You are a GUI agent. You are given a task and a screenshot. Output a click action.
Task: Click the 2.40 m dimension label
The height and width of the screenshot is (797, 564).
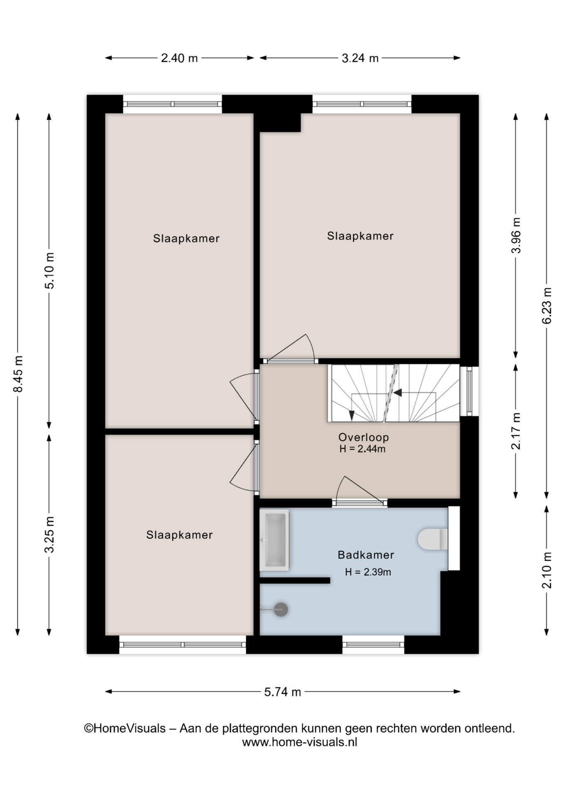click(x=179, y=58)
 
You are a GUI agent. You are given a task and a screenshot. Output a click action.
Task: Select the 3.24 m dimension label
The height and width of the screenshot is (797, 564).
click(x=360, y=58)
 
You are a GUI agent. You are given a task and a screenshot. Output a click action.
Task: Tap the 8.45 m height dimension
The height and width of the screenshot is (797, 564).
click(x=18, y=374)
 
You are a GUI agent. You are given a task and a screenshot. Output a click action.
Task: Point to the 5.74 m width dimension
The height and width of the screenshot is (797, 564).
click(x=282, y=692)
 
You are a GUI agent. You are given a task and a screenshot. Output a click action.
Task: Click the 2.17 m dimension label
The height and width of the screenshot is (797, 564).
click(x=516, y=431)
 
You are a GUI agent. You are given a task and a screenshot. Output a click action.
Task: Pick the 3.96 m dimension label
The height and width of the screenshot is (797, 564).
click(x=516, y=235)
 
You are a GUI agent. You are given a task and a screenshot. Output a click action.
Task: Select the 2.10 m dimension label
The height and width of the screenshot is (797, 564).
click(x=547, y=570)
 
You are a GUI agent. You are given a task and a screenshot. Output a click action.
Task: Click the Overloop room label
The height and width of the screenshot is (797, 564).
click(x=363, y=437)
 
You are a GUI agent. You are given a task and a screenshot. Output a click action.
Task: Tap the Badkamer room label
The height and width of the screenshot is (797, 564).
click(x=366, y=555)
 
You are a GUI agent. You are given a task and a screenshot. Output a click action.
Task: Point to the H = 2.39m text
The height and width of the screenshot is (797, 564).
click(x=368, y=572)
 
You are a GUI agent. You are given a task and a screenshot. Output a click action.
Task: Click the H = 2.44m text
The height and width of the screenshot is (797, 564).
click(x=363, y=449)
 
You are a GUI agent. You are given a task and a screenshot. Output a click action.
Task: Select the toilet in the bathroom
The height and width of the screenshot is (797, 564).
click(x=433, y=539)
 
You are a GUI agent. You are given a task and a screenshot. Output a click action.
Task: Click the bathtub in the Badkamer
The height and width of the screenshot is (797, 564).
click(x=274, y=540)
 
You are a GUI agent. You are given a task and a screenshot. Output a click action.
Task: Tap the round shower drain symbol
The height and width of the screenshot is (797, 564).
click(x=281, y=609)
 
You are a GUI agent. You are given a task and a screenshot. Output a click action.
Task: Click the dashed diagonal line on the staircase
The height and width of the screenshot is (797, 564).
click(x=390, y=393)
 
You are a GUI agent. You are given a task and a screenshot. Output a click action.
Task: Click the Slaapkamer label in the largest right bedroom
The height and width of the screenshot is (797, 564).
click(x=360, y=236)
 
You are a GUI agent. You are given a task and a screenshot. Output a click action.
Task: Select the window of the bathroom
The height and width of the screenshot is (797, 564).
click(x=373, y=645)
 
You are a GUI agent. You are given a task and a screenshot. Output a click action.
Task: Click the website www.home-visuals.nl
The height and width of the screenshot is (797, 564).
click(x=299, y=742)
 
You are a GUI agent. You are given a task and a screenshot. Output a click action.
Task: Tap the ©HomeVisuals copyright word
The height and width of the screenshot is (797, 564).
click(x=125, y=729)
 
